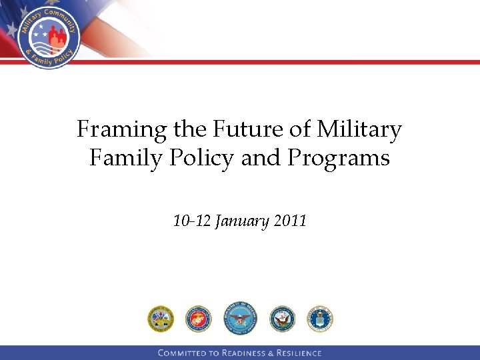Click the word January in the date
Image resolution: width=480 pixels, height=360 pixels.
pyautogui.click(x=241, y=221)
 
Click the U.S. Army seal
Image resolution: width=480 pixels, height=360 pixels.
pyautogui.click(x=161, y=319)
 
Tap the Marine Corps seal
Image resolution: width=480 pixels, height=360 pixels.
pyautogui.click(x=198, y=319)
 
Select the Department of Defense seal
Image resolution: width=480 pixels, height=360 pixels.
pyautogui.click(x=239, y=318)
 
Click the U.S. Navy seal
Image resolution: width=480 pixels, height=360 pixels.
pyautogui.click(x=282, y=319)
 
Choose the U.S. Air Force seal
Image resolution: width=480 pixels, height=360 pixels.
pyautogui.click(x=320, y=319)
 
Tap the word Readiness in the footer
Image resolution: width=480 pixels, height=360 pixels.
pyautogui.click(x=244, y=353)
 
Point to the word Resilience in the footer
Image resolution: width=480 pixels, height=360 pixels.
pyautogui.click(x=298, y=353)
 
